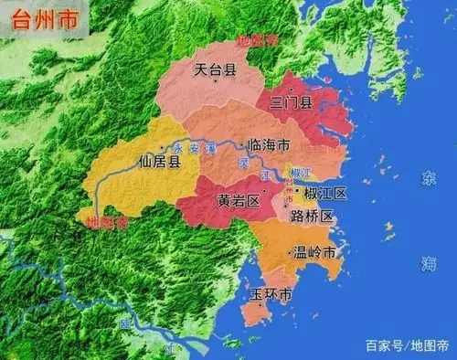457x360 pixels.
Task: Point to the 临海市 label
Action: [270, 145]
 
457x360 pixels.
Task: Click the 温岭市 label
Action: [316, 252]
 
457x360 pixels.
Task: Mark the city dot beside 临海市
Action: [241, 144]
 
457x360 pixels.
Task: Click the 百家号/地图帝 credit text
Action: [407, 344]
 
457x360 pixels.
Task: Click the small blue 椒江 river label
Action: [300, 173]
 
